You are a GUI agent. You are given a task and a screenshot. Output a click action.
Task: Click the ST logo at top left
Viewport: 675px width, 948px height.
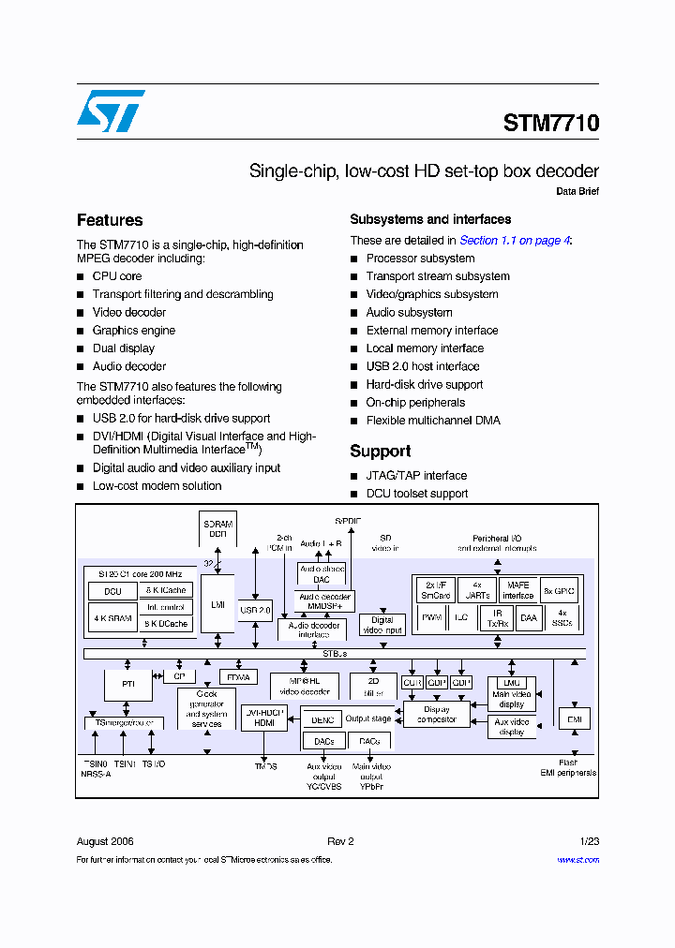tap(111, 111)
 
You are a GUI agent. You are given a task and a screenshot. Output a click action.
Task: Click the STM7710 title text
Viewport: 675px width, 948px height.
tap(550, 124)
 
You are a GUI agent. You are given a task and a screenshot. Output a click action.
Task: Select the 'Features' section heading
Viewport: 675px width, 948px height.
tap(110, 220)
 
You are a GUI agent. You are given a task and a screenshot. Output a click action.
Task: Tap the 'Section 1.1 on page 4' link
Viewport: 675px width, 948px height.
tap(514, 241)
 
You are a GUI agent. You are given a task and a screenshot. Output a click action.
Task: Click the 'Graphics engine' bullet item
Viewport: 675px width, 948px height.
tap(133, 331)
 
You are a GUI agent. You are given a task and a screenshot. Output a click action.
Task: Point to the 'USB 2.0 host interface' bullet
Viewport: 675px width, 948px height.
tap(422, 366)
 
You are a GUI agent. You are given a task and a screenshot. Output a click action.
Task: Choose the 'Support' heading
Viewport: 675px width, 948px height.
tap(380, 451)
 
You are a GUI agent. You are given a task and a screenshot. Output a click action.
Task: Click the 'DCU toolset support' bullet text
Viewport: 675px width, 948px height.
tap(416, 494)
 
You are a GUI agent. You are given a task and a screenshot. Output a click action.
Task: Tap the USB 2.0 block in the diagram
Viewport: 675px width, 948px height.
tap(255, 611)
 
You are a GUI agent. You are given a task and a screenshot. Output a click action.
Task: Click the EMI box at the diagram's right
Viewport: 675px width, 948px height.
tap(574, 719)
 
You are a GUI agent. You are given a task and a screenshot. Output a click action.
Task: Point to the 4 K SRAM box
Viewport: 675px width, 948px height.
tap(112, 619)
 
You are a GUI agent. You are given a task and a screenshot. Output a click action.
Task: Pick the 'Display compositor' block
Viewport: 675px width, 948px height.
tap(436, 715)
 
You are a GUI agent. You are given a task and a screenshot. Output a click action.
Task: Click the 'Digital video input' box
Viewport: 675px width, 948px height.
tap(382, 625)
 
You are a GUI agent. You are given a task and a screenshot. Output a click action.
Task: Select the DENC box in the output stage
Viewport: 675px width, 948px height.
tap(322, 719)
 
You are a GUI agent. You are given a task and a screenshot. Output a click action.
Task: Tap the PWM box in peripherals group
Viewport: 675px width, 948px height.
tap(431, 617)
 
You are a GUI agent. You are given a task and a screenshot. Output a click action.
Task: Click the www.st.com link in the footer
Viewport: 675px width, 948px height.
tap(577, 859)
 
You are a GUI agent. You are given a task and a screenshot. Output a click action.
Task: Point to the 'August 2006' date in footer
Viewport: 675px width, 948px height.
tap(105, 841)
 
